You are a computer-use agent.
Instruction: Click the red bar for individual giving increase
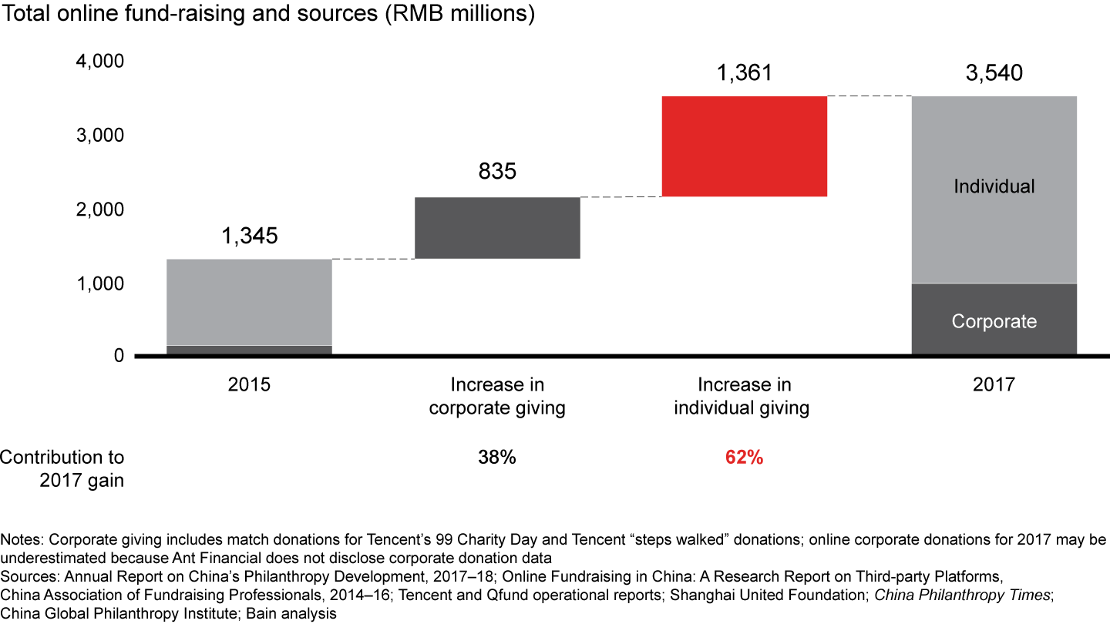[744, 146]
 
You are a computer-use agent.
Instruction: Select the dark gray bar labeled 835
[497, 228]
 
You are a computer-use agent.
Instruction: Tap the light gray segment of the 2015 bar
[249, 302]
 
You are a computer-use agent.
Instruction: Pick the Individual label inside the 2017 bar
[994, 186]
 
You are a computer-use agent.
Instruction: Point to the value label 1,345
[249, 237]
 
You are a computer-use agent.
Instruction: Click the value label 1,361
[744, 73]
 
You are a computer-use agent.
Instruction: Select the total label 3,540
[994, 73]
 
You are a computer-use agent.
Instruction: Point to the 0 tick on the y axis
[117, 356]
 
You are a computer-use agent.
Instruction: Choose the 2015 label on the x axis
[249, 384]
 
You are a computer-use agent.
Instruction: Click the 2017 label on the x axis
[994, 384]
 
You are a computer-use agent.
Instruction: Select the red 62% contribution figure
[744, 458]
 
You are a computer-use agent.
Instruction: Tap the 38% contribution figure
[497, 458]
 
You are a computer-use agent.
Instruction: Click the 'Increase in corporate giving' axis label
[497, 396]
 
